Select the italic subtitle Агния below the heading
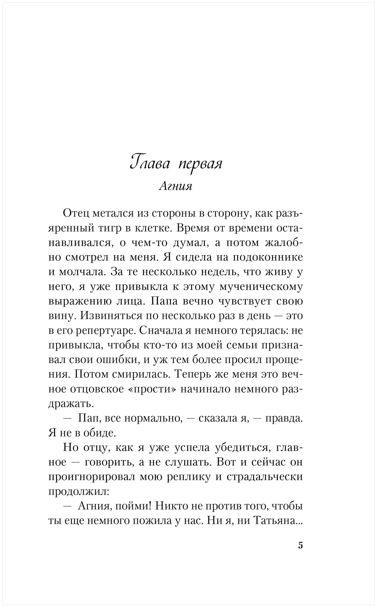(x=175, y=186)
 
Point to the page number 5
(x=300, y=545)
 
